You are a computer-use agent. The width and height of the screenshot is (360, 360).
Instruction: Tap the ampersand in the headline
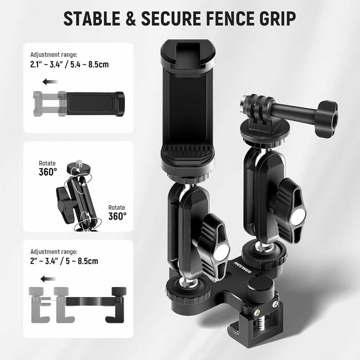(131, 18)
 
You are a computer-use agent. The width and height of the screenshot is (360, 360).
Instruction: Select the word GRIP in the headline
(278, 18)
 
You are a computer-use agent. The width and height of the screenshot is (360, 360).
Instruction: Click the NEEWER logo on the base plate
(242, 267)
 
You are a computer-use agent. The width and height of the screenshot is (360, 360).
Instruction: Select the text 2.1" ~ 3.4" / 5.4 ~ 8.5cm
(69, 64)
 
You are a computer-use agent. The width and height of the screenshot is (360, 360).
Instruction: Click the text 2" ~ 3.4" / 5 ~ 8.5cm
(64, 261)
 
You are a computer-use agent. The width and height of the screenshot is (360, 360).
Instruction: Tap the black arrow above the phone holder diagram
(50, 82)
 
